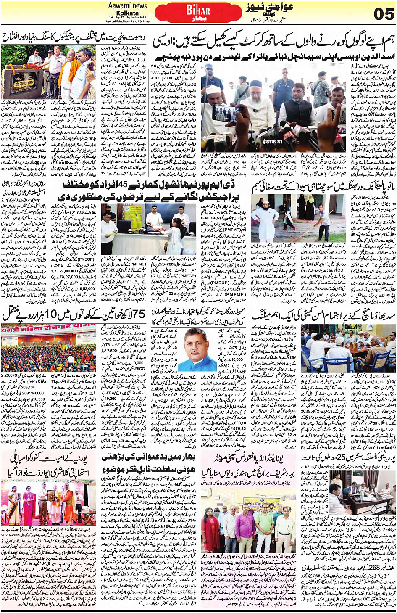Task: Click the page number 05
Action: pyautogui.click(x=384, y=14)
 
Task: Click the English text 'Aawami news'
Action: pyautogui.click(x=127, y=5)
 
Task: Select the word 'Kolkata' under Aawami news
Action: pyautogui.click(x=127, y=13)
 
